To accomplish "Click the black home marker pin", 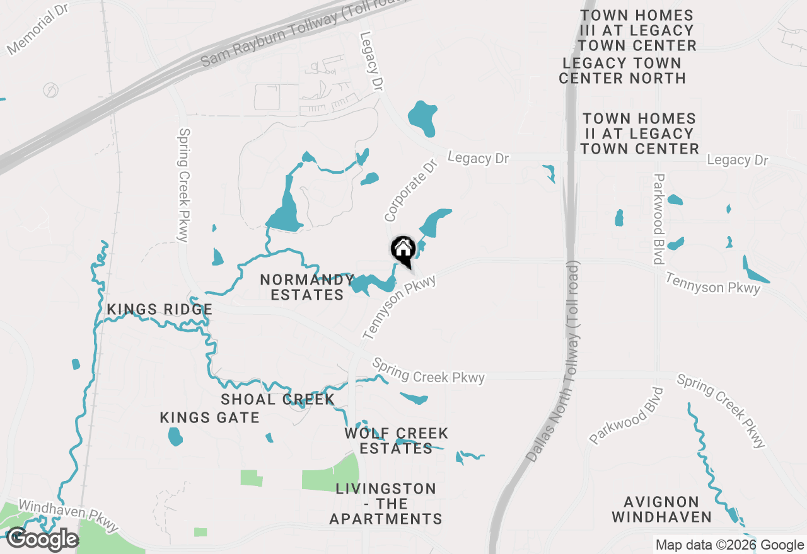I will [x=403, y=250].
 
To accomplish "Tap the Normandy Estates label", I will [x=307, y=287].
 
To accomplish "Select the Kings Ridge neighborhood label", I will [x=160, y=310].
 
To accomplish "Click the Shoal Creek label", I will [x=277, y=399].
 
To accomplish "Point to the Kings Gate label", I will [x=209, y=417].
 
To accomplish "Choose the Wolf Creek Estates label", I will [x=397, y=441].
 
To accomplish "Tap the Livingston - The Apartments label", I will [x=386, y=504].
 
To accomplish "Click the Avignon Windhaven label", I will [x=661, y=510].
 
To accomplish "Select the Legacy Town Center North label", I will [x=622, y=71].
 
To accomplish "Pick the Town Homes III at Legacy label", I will [x=637, y=30].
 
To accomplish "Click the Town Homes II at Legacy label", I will [x=639, y=133].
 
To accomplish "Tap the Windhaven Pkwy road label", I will [x=68, y=514].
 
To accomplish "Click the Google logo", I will [x=42, y=540].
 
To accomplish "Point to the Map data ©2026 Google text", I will [x=729, y=545].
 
